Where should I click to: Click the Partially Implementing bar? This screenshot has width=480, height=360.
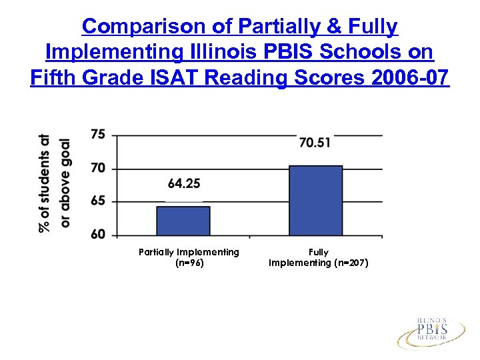183,221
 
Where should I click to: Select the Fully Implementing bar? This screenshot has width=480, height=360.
315,200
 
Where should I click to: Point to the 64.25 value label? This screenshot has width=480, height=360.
183,183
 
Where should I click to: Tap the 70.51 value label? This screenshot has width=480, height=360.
315,142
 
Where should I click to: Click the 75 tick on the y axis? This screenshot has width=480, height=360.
98,135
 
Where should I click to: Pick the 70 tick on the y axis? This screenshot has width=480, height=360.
98,168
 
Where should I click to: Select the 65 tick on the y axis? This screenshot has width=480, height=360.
98,201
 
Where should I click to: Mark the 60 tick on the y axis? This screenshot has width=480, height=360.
98,235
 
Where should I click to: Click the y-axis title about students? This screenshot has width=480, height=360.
55,183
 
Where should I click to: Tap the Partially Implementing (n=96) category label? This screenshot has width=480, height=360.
189,257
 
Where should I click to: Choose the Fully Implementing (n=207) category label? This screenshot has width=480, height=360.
318,257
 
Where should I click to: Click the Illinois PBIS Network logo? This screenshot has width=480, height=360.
431,331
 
